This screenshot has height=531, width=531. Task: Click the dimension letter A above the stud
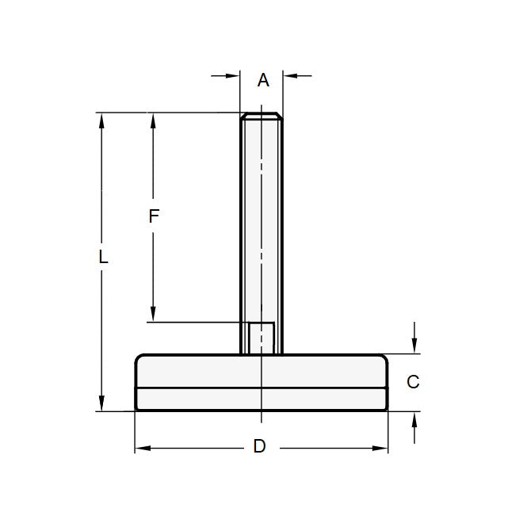(264, 80)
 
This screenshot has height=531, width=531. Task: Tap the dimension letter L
(103, 258)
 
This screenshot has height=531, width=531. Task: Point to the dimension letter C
(412, 382)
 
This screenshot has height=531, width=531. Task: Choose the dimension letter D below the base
(259, 447)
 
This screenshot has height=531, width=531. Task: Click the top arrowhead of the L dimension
(101, 119)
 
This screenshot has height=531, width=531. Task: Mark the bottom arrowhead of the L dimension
(101, 405)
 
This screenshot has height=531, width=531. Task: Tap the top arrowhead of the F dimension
(154, 119)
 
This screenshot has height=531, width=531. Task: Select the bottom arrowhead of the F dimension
(154, 315)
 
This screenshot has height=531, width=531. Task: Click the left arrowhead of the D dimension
(142, 449)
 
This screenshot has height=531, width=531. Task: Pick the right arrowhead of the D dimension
(381, 449)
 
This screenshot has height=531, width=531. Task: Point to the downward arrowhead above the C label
(414, 347)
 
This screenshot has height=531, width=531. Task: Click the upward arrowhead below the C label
(414, 418)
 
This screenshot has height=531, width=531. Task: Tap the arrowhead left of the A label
(235, 76)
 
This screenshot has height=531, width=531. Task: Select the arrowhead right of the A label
(289, 76)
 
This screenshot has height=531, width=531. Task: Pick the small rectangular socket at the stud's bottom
(262, 338)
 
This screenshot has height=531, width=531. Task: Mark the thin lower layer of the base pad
(262, 399)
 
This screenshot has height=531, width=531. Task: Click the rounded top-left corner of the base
(139, 358)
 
